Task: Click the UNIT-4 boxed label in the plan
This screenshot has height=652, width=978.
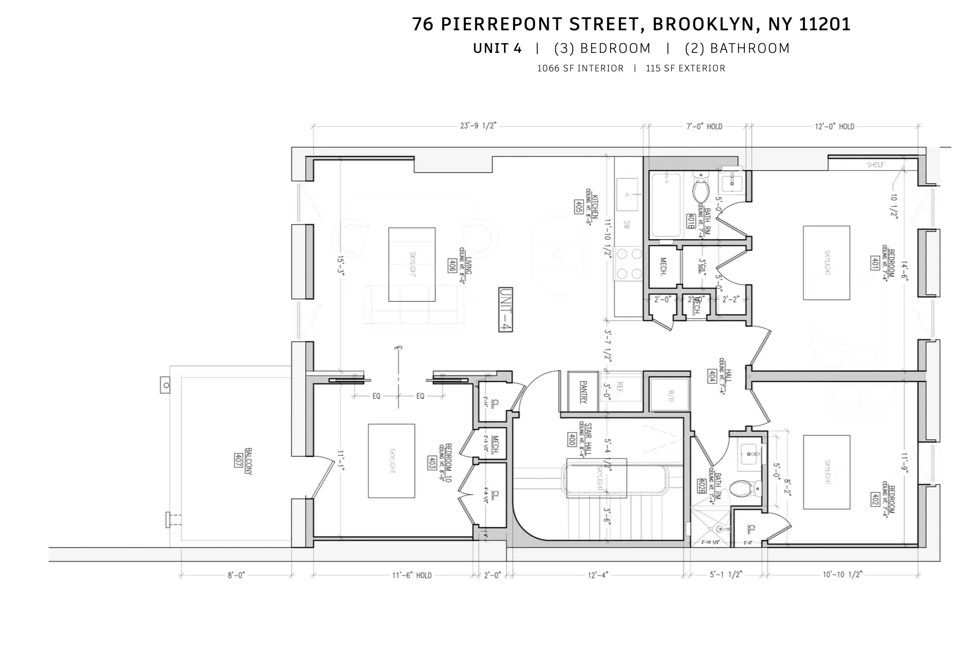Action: (x=505, y=310)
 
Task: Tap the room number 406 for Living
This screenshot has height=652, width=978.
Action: (x=452, y=265)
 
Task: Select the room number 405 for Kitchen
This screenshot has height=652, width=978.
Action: (x=578, y=207)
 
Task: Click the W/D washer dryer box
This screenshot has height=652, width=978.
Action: (x=670, y=395)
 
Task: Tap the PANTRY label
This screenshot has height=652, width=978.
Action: (x=583, y=392)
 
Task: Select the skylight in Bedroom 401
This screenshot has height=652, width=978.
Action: (x=826, y=262)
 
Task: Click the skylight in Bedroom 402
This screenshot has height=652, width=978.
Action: (x=826, y=472)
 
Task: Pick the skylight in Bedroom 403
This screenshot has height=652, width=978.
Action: (x=391, y=461)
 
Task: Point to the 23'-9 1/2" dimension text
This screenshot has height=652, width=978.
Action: (x=478, y=126)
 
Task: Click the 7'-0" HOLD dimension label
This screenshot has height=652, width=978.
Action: (x=704, y=126)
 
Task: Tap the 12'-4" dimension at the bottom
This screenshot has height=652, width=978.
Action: (x=597, y=575)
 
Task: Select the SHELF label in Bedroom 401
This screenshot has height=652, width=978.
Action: (x=875, y=165)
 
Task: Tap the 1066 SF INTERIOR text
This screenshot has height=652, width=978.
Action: (x=580, y=68)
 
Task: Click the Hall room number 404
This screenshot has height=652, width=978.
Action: (x=712, y=376)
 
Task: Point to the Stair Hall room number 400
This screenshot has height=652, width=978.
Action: (x=571, y=439)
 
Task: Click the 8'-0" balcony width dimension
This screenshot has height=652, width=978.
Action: (x=236, y=576)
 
